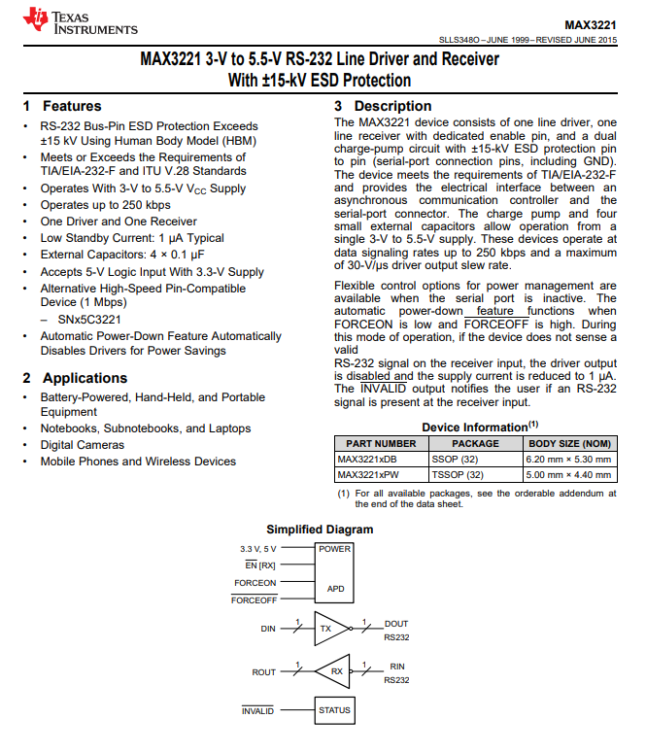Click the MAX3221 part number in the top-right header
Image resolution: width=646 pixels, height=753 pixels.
point(590,23)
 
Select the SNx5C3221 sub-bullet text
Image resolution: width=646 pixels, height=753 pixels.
point(88,319)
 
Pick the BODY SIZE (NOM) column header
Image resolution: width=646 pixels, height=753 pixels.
point(569,443)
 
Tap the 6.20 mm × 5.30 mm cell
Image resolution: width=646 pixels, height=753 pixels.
point(568,459)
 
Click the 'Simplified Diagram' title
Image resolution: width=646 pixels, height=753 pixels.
point(320,530)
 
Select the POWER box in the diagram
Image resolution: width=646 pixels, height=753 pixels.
point(334,549)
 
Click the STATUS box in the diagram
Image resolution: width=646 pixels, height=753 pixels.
point(334,710)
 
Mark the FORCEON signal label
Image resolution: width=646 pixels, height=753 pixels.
point(255,583)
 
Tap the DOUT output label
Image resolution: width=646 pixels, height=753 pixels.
point(396,624)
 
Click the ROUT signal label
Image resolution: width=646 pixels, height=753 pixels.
point(264,671)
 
